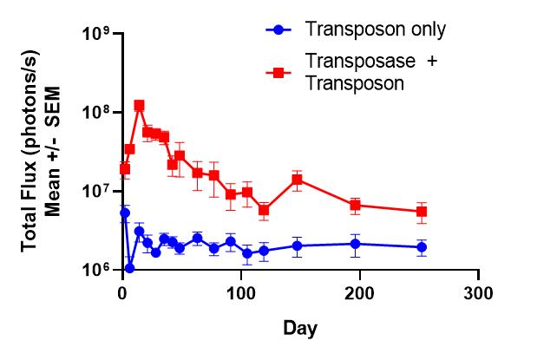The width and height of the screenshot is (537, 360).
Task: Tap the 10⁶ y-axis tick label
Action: (96, 270)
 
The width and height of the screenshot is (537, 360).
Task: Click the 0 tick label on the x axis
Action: (123, 292)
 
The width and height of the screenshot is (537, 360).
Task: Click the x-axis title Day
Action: (299, 329)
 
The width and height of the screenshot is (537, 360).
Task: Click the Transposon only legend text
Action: (376, 29)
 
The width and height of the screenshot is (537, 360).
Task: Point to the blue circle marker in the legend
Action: (278, 29)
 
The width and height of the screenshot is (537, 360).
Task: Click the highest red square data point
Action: (139, 105)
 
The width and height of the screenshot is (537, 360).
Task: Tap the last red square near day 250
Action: (422, 212)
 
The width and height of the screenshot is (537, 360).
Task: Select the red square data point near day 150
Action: (297, 180)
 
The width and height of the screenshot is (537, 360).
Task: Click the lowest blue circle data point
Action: (129, 268)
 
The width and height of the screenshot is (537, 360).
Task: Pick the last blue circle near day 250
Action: (422, 247)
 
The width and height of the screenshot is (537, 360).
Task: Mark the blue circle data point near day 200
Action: (355, 244)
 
